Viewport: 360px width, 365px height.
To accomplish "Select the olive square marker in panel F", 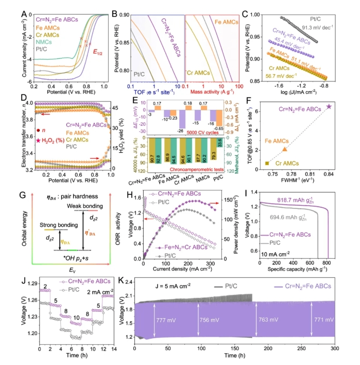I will pos(266,163).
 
